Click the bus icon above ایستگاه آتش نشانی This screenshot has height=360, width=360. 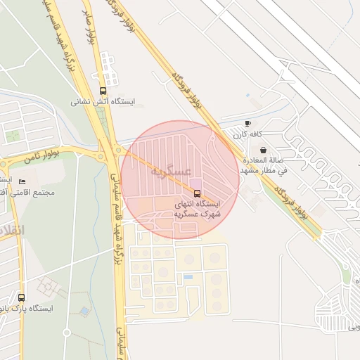[x=104, y=91]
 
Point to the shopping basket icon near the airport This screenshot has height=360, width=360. [x=263, y=150]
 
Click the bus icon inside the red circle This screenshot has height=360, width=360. [x=196, y=193]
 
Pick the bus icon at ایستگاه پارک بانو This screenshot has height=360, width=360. [x=21, y=297]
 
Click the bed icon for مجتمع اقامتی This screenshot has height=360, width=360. [x=22, y=182]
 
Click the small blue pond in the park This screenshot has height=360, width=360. [x=84, y=310]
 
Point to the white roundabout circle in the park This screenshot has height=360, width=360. [x=67, y=331]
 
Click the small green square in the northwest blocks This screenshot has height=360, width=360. [x=13, y=136]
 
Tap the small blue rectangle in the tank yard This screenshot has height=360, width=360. [x=188, y=277]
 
